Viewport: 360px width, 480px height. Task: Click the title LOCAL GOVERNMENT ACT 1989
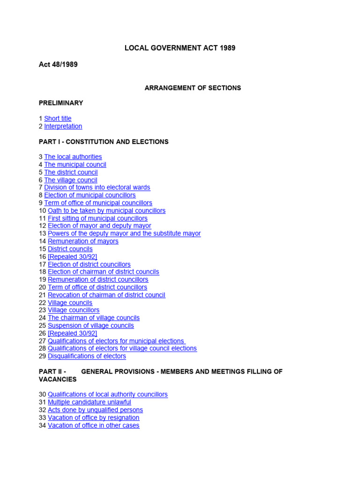pos(180,48)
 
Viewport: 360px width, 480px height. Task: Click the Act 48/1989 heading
pos(58,65)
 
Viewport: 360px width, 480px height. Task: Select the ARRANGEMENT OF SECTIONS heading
pos(193,88)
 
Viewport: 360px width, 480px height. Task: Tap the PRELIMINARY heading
pos(61,103)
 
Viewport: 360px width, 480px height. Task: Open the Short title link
pos(58,119)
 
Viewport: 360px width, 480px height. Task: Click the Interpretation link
pos(63,126)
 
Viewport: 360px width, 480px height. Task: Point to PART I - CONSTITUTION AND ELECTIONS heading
pos(104,142)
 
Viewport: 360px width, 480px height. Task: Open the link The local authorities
pos(73,157)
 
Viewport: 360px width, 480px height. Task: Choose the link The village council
pos(70,180)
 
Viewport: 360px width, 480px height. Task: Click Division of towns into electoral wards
pos(97,187)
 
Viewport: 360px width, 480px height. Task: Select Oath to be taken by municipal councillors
pos(106,210)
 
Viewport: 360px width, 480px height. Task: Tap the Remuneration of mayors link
pos(83,241)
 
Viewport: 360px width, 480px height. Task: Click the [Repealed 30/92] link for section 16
pos(72,257)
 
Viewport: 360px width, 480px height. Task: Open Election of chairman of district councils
pos(103,272)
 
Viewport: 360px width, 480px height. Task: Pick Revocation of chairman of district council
pos(106,295)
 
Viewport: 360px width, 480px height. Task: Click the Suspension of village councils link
pos(90,326)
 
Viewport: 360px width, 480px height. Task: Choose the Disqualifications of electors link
pos(87,356)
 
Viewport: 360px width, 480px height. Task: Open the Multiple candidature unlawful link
pos(89,402)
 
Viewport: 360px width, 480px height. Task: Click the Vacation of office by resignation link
pos(93,418)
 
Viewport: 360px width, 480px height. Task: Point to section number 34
pos(42,426)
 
